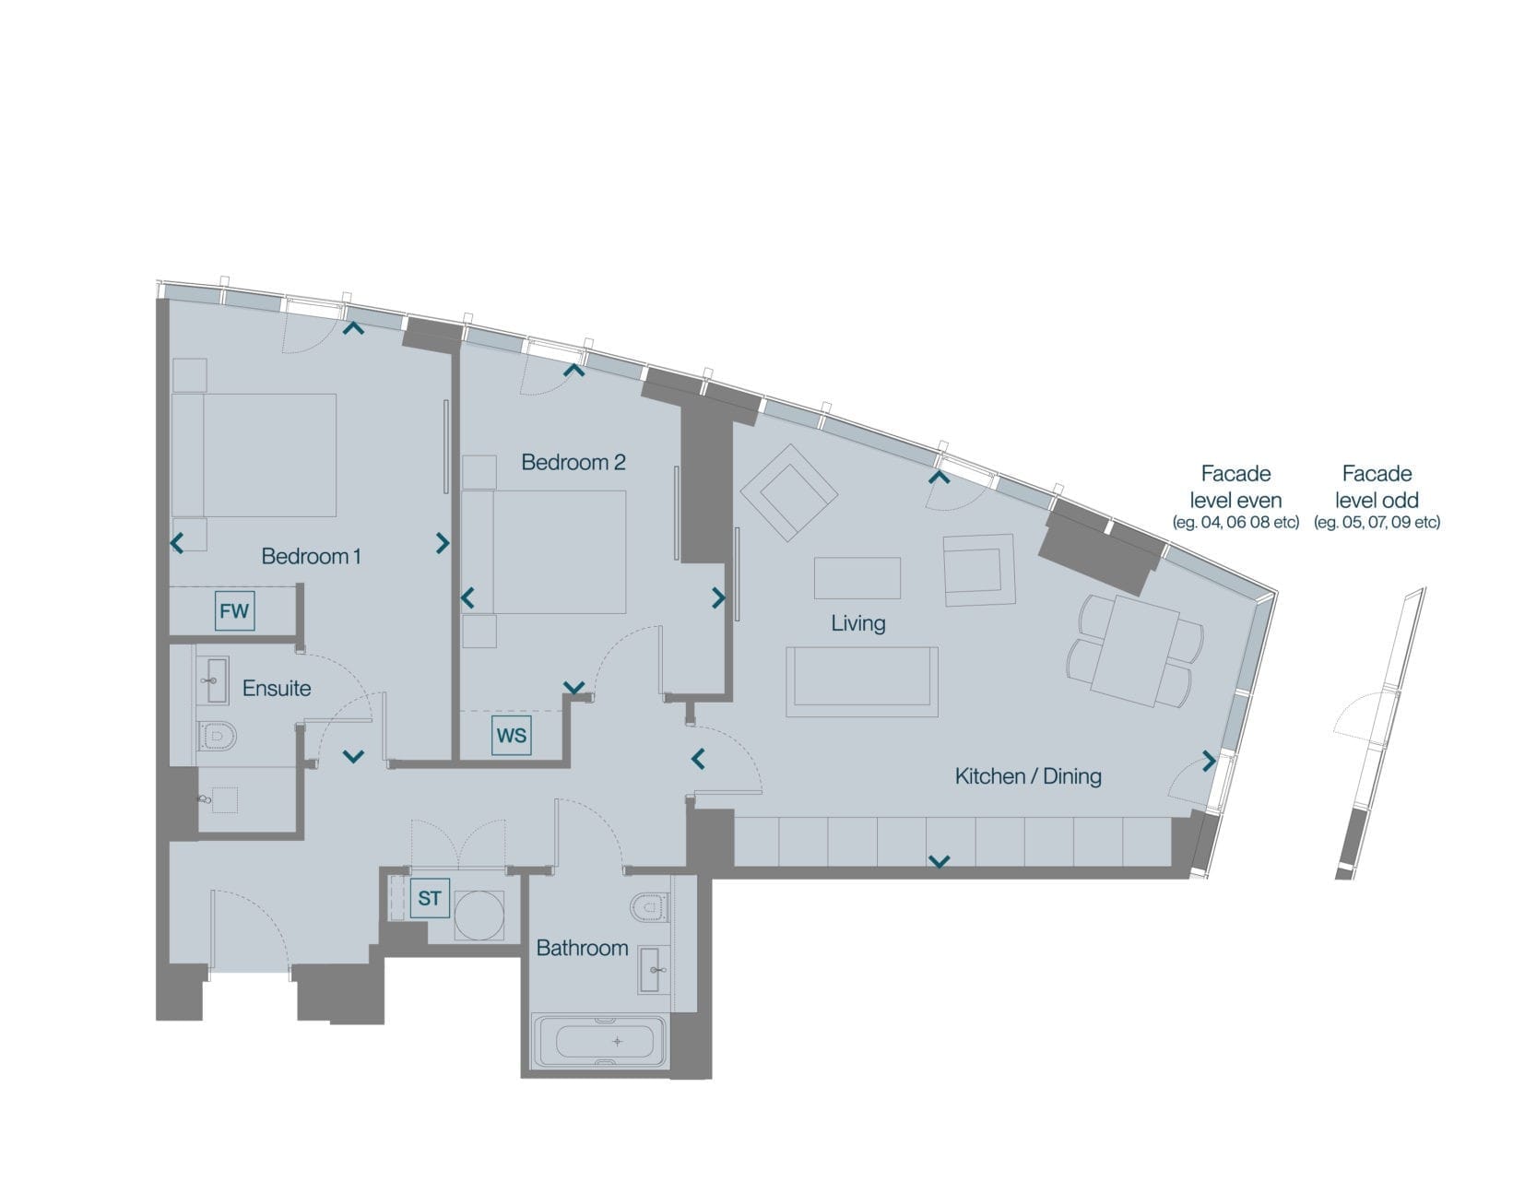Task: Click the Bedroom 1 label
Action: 312,556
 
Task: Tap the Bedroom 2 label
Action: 573,462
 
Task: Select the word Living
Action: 857,623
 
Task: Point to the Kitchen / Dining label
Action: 1028,776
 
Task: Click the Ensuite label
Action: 277,689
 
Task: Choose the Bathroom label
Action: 582,948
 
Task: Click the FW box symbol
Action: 234,611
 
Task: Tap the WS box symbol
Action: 512,735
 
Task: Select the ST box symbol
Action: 430,898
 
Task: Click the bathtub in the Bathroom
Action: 599,1041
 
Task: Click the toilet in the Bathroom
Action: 649,908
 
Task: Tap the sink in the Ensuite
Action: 214,680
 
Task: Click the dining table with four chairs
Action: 1135,651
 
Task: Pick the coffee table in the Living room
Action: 857,578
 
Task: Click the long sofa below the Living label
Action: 862,682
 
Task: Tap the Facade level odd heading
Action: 1377,487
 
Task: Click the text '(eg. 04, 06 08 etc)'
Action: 1235,522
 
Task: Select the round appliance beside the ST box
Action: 479,916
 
